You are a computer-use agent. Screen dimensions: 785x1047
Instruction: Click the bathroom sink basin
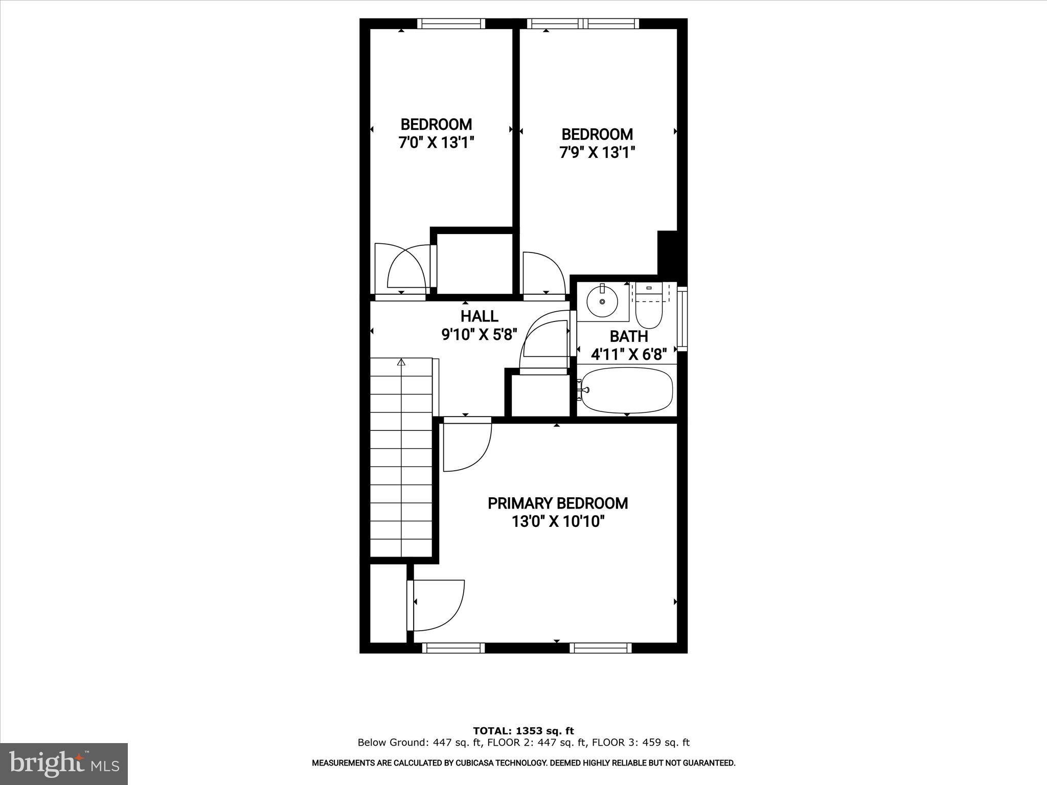[x=603, y=302]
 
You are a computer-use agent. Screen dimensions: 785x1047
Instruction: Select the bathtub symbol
[x=627, y=390]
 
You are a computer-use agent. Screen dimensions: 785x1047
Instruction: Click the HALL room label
[x=479, y=316]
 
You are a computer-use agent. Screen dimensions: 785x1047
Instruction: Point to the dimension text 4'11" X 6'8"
[x=629, y=354]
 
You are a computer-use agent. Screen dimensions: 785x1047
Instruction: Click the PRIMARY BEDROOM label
[x=558, y=503]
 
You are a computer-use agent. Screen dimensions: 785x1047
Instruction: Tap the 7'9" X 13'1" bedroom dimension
[x=597, y=152]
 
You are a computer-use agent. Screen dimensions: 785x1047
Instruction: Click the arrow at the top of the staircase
[x=401, y=363]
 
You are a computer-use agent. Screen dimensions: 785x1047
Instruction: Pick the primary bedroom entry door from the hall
[x=466, y=444]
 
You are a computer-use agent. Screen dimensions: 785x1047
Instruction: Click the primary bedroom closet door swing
[x=437, y=606]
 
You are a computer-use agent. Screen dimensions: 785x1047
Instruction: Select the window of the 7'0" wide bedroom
[x=451, y=24]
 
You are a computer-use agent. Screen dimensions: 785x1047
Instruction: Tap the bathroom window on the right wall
[x=682, y=319]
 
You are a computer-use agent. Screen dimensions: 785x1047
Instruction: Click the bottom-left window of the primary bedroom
[x=453, y=648]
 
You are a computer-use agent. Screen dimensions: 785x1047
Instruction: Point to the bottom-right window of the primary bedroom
[x=601, y=648]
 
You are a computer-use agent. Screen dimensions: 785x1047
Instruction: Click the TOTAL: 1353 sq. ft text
[x=523, y=731]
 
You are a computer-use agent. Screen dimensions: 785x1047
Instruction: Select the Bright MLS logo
[x=64, y=764]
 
